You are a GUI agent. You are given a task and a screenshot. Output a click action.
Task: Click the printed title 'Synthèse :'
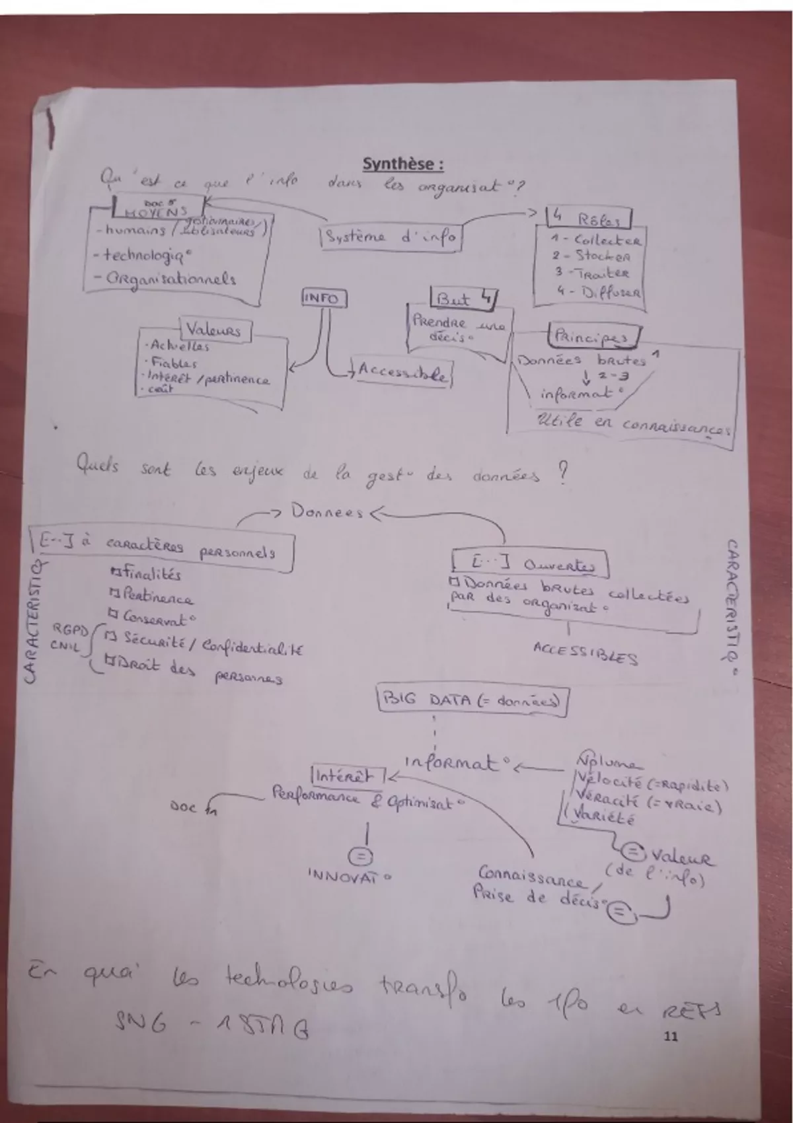click(402, 164)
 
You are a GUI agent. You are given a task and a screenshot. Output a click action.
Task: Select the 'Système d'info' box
click(391, 237)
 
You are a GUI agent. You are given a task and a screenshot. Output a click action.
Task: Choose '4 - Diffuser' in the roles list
click(598, 292)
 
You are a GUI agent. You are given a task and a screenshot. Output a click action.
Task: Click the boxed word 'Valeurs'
click(213, 330)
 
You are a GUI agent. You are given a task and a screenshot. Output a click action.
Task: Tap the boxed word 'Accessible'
click(402, 373)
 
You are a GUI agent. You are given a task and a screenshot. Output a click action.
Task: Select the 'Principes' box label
click(593, 336)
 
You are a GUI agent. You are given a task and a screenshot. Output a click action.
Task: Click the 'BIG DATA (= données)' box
click(472, 700)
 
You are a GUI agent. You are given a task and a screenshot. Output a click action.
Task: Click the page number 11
click(670, 1036)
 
